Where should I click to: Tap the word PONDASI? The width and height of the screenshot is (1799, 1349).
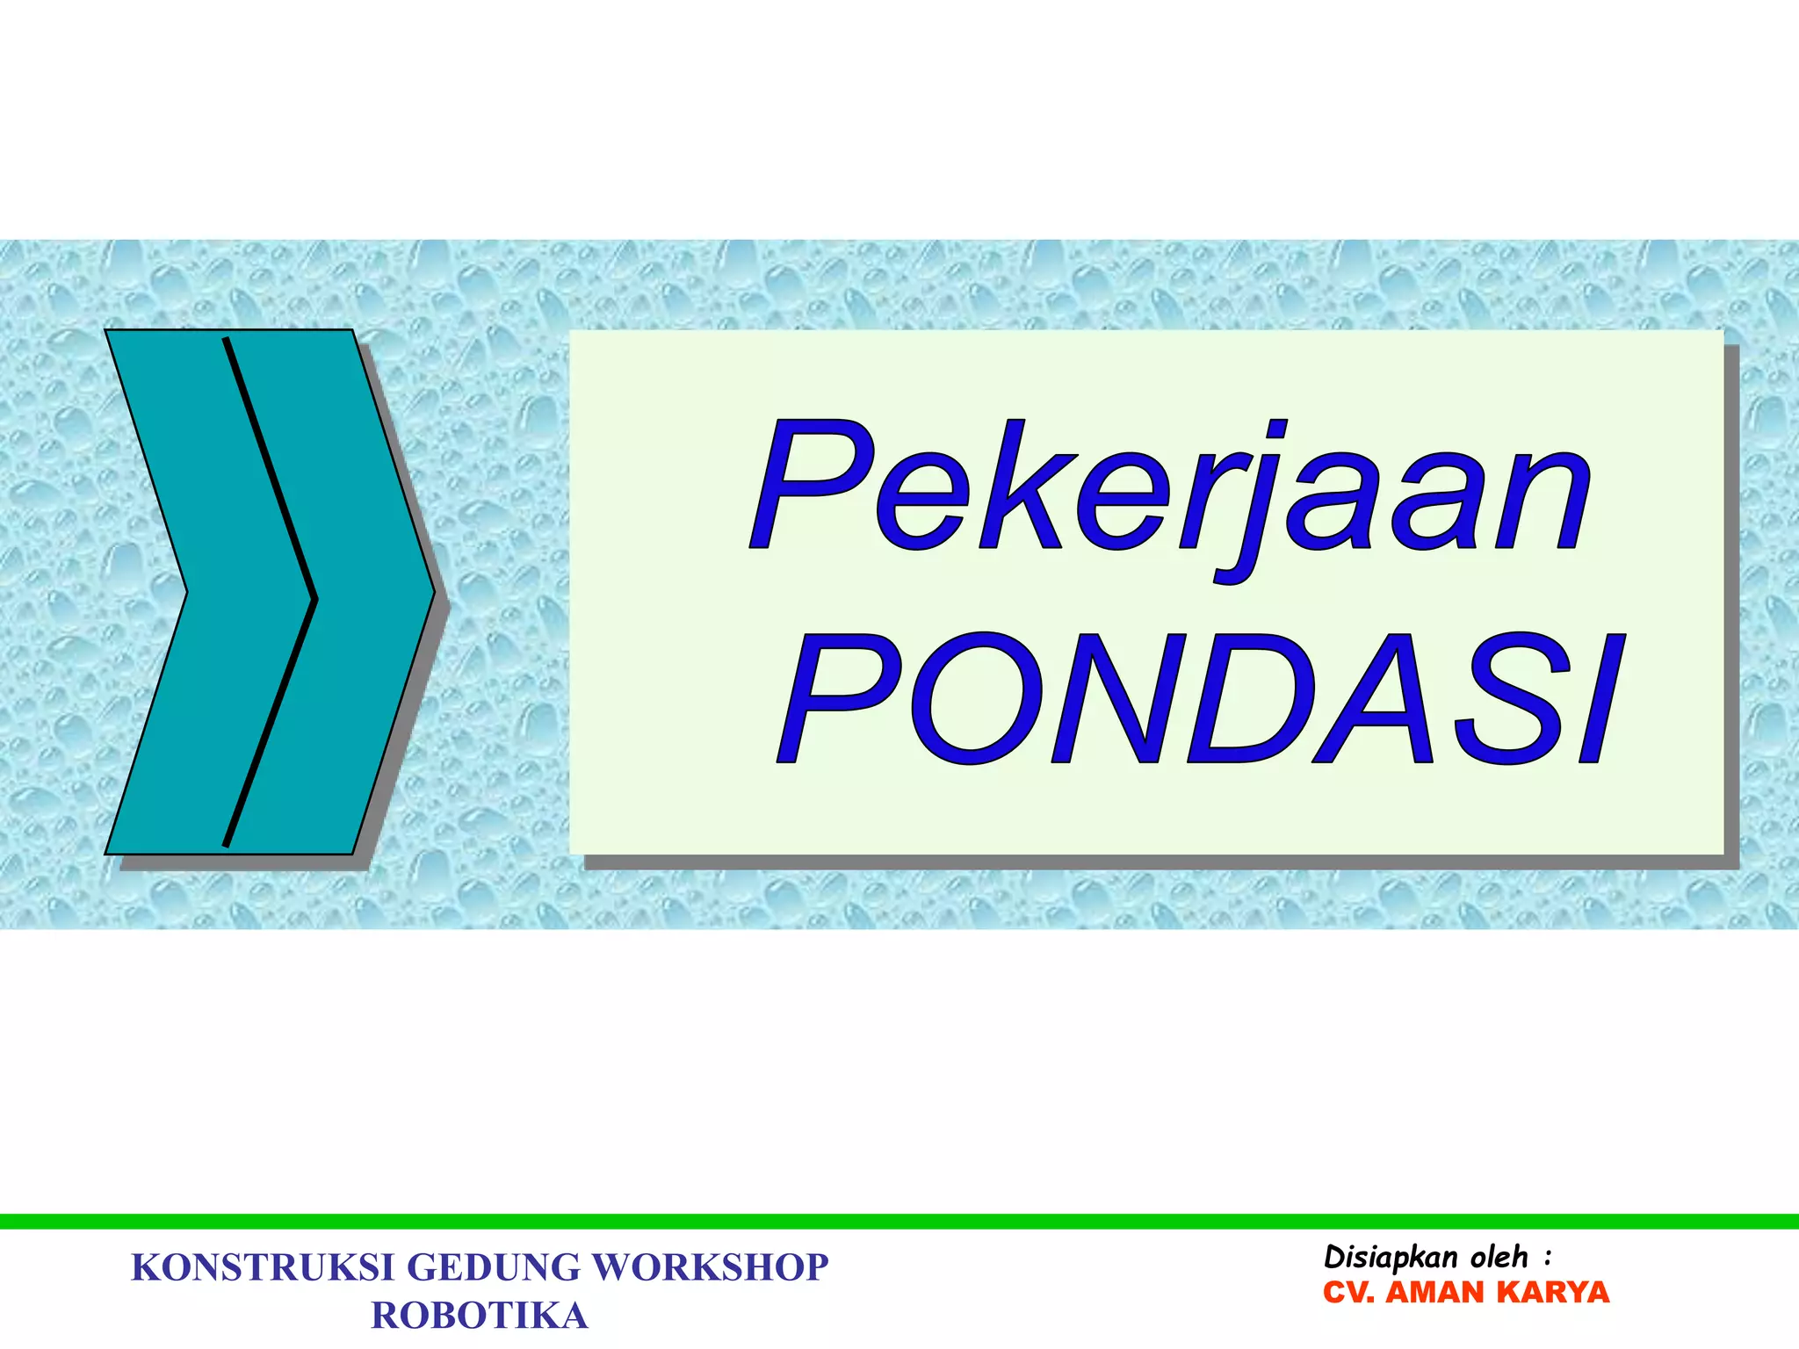[x=1200, y=698]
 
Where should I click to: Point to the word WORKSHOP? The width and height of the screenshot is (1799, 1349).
[x=710, y=1268]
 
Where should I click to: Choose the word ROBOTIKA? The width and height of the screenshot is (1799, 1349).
[x=480, y=1316]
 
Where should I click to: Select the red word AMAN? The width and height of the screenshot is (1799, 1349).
[x=1435, y=1293]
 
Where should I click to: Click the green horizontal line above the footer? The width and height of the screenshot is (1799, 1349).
[x=899, y=1221]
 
